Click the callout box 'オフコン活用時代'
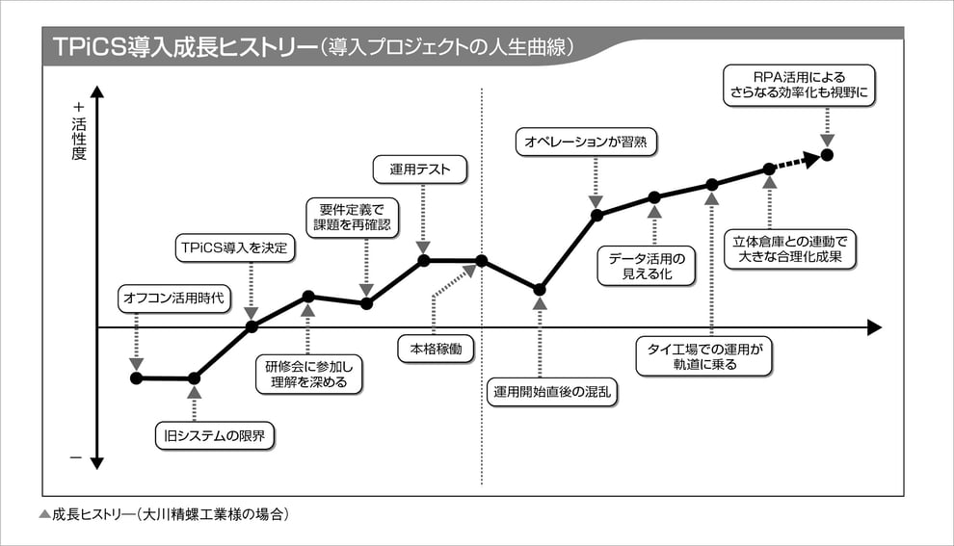pos(174,298)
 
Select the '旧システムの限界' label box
pos(215,436)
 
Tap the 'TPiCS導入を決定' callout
pos(234,247)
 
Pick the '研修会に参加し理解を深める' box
pos(310,375)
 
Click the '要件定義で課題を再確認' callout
pos(351,217)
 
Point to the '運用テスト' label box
pos(421,170)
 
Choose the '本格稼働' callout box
pos(437,349)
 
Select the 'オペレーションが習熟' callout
pos(586,142)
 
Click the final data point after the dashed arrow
pos(827,155)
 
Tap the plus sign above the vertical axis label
pos(78,107)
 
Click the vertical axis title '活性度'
pos(78,138)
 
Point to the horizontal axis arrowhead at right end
pos(873,327)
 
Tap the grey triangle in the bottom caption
pos(43,514)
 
